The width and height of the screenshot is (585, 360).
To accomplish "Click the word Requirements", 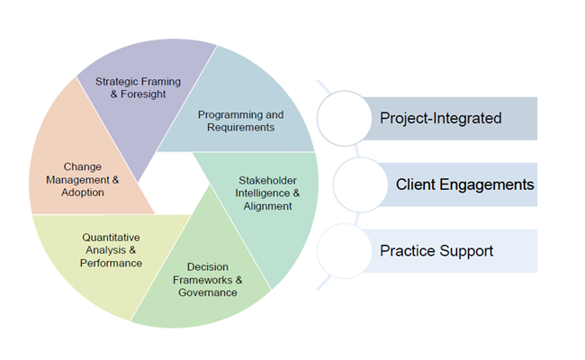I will click(x=240, y=128).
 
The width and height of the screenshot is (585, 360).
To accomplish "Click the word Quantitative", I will click(x=111, y=237).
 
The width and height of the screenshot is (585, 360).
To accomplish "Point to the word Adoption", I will click(x=83, y=192).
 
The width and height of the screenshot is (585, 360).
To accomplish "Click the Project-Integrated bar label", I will click(x=440, y=118).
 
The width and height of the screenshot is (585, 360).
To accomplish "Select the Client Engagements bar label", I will click(x=464, y=184).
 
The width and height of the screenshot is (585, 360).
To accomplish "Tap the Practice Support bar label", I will click(x=436, y=250).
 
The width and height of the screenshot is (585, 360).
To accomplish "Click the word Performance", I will click(x=111, y=263).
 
